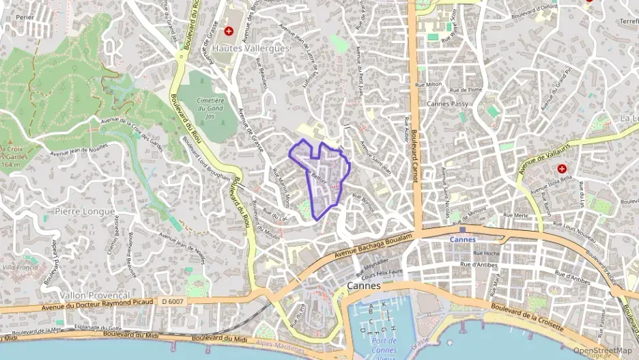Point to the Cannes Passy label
[x=447, y=104]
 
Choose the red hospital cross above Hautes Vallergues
[x=229, y=31]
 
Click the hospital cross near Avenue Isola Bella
[x=562, y=168]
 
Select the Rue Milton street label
[x=429, y=85]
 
